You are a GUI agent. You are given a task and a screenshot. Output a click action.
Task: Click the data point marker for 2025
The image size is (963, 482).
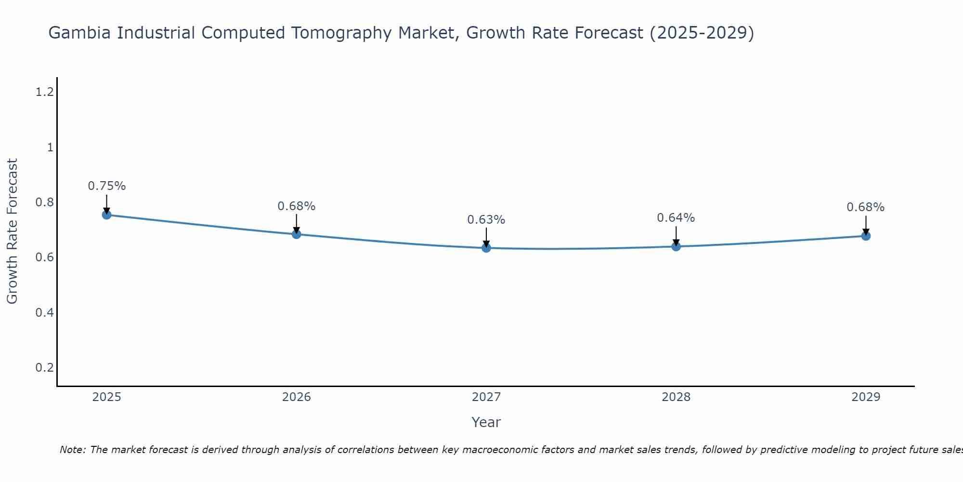107,215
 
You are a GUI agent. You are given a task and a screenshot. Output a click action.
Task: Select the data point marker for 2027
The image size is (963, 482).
486,248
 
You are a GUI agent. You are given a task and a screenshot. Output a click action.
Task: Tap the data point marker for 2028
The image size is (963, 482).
676,246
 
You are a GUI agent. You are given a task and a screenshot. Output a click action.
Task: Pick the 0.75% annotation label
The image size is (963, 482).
107,186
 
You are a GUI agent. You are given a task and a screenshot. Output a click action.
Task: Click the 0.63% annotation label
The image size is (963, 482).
486,220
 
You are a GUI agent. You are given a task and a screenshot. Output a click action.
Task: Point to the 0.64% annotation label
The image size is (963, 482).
676,218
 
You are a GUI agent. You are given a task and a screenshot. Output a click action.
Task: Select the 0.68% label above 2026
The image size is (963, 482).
297,206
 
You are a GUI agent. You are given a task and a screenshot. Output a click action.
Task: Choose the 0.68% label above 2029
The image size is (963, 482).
866,207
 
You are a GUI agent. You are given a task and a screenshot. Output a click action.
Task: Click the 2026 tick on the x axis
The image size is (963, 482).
297,397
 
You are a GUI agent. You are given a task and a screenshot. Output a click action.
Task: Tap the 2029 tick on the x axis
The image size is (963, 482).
866,397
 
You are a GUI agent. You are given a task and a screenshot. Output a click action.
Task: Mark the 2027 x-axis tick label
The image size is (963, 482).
486,397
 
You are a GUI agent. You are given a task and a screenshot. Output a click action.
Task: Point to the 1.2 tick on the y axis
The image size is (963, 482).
44,92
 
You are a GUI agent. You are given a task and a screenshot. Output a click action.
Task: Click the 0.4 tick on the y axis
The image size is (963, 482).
44,313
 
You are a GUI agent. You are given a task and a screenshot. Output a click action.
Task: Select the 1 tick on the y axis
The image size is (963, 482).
50,147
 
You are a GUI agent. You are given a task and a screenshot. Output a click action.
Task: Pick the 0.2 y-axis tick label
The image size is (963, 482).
44,368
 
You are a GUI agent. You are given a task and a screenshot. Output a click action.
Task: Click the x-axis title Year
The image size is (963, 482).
486,422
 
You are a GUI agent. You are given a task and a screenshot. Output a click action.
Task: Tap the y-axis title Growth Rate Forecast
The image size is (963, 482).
13,231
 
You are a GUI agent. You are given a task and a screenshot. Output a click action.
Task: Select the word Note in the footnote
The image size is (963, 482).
72,450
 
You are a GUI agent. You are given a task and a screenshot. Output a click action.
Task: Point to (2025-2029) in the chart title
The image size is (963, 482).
702,33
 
